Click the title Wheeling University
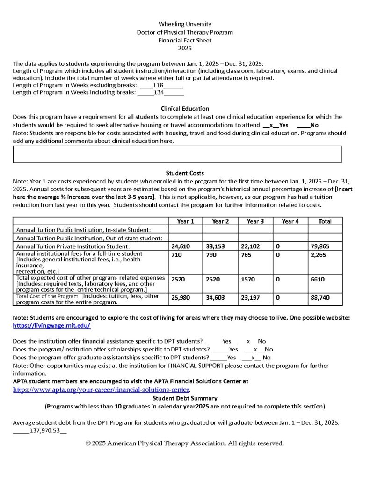pos(185,24)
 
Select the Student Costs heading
pos(185,173)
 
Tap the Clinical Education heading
pos(185,109)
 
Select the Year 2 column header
pos(220,221)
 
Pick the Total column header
pos(325,221)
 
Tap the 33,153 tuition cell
pos(215,246)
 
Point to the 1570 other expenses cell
pos(247,279)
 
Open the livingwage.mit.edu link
pos(51,325)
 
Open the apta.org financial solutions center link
pos(101,389)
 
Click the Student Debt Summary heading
pos(185,398)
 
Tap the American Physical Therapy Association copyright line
pos(185,443)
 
